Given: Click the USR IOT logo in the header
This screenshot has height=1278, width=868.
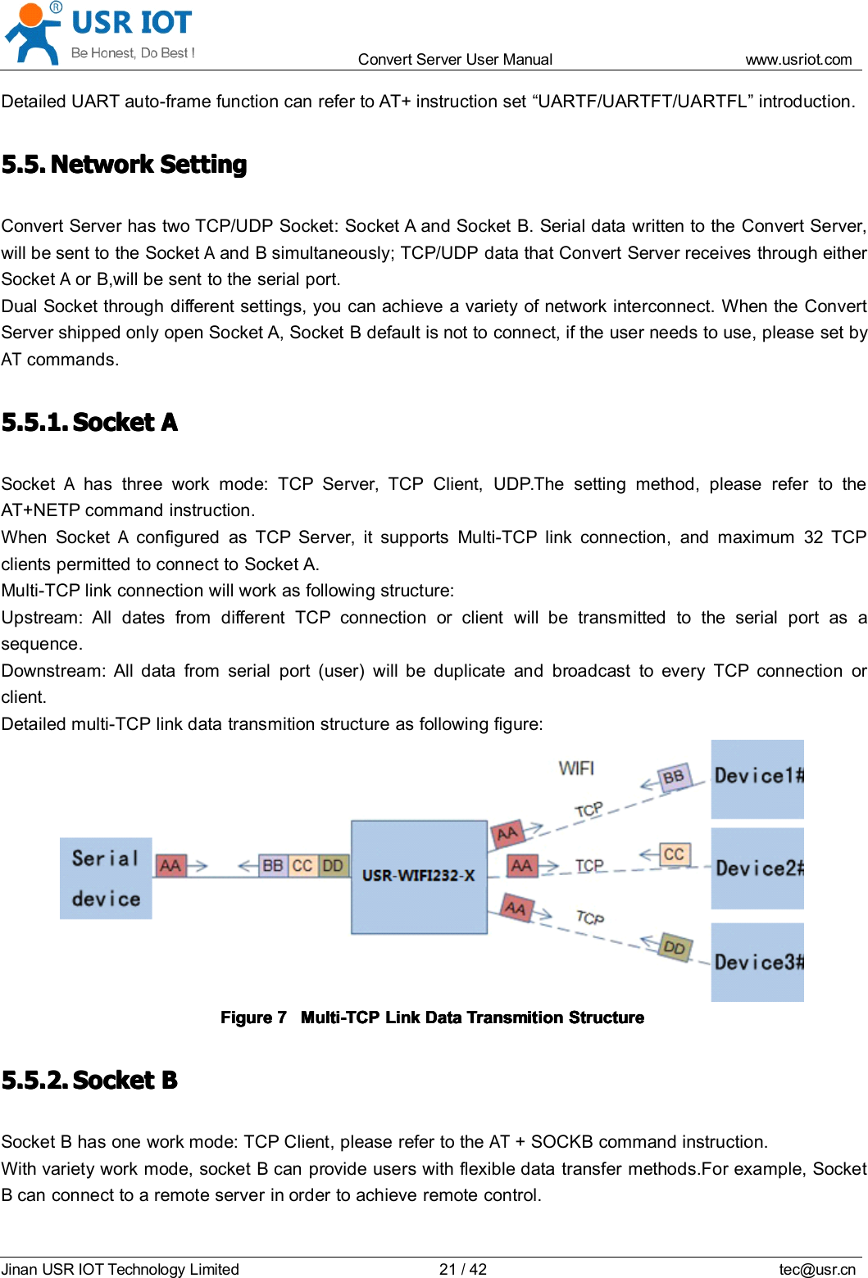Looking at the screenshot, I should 98,33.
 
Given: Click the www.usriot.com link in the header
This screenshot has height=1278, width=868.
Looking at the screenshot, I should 798,59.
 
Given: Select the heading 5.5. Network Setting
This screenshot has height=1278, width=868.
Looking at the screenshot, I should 124,165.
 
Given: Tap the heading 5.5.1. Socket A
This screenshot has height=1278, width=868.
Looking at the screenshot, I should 89,423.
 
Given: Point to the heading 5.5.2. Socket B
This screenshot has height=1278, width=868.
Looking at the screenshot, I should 89,1081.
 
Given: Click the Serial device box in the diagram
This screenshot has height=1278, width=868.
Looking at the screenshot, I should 106,878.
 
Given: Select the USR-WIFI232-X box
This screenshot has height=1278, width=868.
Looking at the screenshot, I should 419,877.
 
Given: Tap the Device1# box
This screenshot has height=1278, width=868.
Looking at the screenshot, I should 757,778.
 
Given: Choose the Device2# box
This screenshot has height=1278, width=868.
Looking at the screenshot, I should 757,868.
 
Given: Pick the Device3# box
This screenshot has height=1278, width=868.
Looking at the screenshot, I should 757,962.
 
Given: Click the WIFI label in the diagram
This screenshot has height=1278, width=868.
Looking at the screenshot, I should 576,768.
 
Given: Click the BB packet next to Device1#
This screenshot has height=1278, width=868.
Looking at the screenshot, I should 674,777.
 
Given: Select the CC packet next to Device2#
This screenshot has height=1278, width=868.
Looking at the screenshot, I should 674,854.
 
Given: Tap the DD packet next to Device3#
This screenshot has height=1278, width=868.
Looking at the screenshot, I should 675,948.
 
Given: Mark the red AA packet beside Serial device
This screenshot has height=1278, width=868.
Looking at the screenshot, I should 170,865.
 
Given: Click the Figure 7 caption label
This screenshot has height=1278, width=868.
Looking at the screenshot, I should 253,1017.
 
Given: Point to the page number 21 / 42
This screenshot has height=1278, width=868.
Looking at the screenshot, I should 462,1269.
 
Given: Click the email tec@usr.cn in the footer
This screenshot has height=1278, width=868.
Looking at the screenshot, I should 816,1269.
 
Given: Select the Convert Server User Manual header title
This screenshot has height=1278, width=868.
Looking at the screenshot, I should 455,59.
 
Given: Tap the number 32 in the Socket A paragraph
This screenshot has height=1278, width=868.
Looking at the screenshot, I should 813,537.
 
